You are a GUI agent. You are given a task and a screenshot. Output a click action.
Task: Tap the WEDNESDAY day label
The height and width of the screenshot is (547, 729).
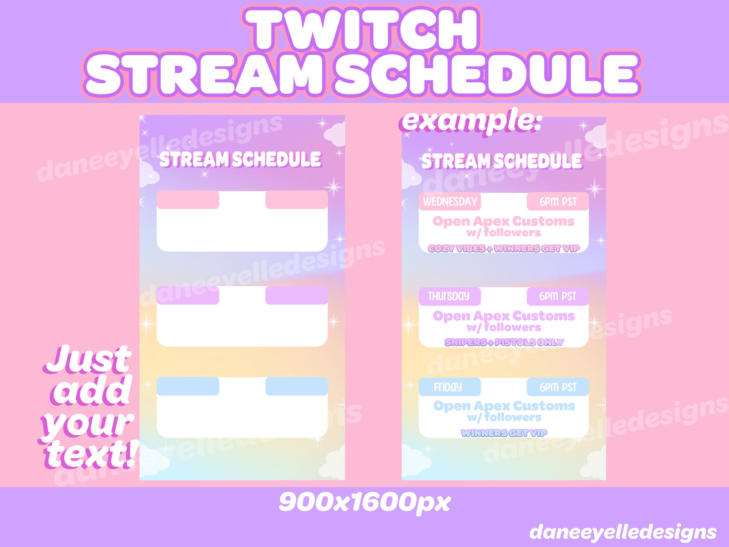tap(450, 201)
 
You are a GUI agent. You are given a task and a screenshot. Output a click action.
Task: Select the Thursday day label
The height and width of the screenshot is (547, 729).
tap(448, 296)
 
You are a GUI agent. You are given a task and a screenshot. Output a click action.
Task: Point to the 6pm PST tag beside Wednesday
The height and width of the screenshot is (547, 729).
tap(558, 202)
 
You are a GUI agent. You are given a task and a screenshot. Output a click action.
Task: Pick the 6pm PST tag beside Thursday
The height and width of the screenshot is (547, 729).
tap(557, 296)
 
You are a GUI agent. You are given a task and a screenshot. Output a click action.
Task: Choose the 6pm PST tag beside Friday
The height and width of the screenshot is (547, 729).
tap(558, 387)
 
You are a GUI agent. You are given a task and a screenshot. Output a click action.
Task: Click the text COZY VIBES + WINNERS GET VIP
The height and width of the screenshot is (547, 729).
tap(504, 248)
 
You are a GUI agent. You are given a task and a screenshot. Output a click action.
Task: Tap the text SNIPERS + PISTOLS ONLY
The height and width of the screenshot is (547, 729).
tap(504, 342)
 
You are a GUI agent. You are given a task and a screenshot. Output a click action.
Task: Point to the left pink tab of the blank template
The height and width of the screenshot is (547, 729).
tap(188, 199)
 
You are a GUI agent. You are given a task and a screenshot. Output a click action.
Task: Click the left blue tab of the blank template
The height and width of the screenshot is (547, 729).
tap(188, 386)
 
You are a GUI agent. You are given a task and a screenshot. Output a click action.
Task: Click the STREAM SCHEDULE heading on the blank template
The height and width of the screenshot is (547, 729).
tap(240, 160)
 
